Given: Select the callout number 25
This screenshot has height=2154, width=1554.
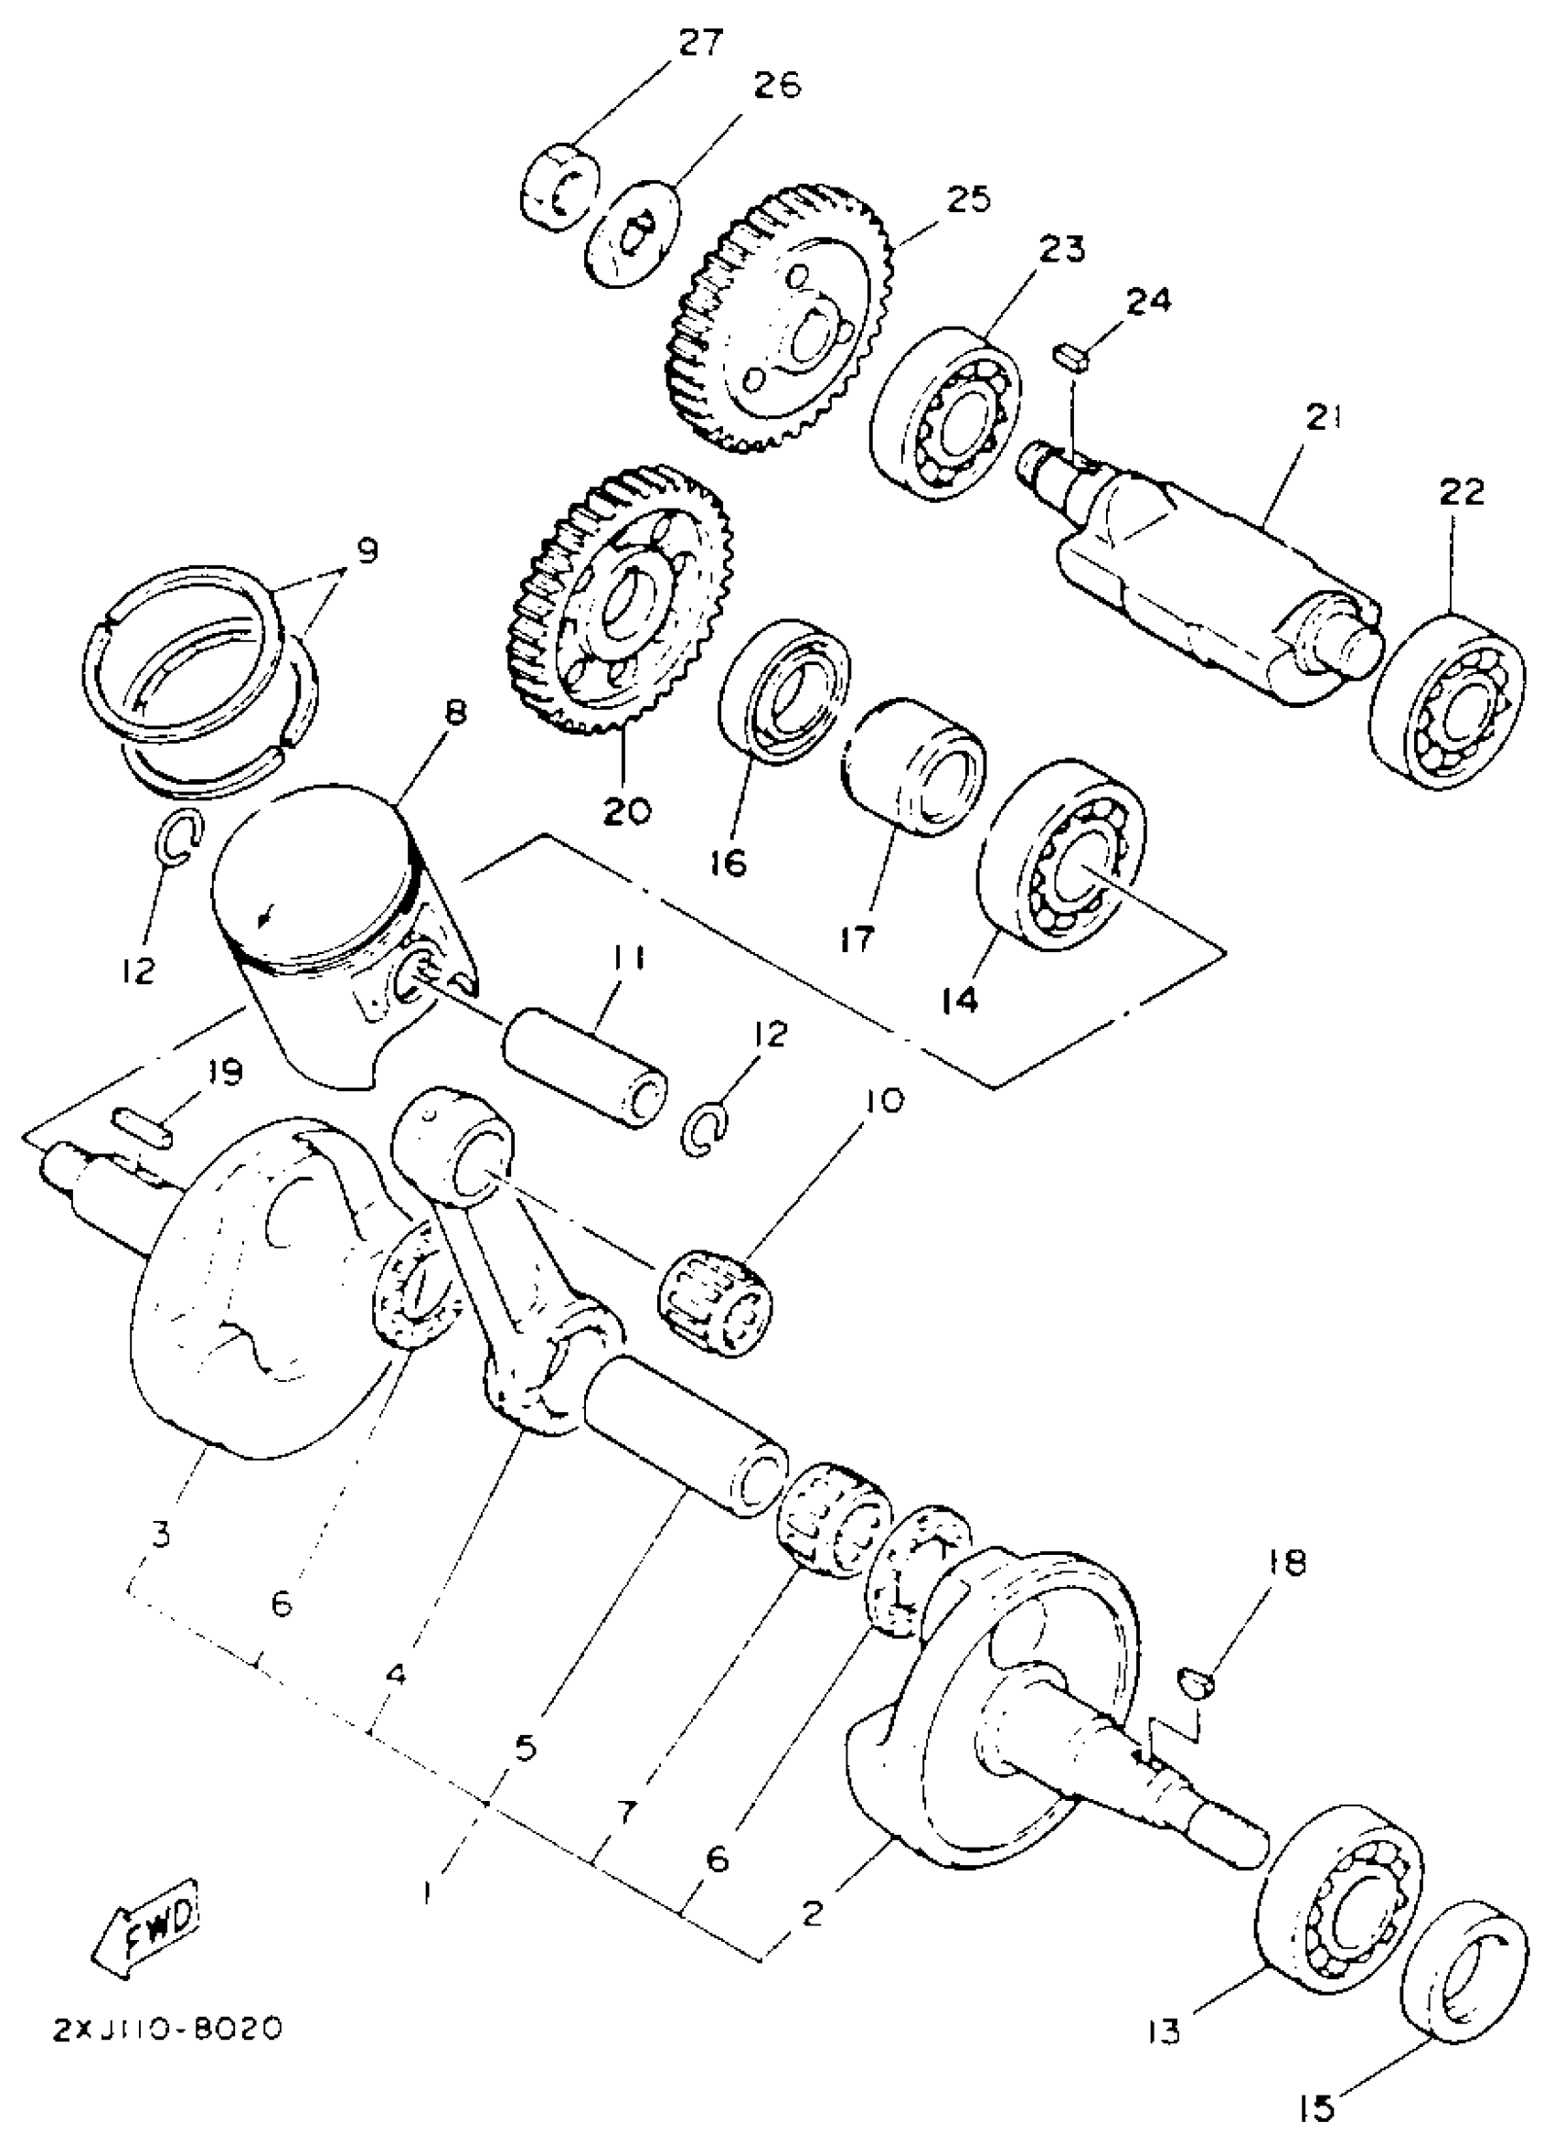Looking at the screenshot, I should pos(967,199).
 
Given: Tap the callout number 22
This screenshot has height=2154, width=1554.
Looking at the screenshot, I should pos(1461,492).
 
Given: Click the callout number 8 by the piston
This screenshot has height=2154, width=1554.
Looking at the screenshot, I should pos(457,712).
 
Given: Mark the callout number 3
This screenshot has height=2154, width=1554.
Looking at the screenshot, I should pos(161,1533).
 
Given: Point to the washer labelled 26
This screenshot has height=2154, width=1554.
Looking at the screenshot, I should pos(633,233).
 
